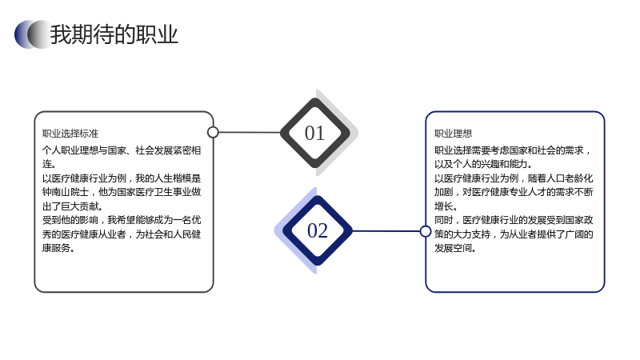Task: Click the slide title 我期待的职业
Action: pos(114,34)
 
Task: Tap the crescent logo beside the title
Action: pos(33,34)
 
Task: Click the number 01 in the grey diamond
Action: pos(314,133)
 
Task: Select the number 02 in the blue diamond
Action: pos(318,230)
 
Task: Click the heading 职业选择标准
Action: pos(70,134)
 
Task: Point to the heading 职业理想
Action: pos(453,134)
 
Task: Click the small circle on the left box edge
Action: pos(213,132)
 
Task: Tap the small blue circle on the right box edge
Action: pos(426,231)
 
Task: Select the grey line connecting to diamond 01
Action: pos(250,132)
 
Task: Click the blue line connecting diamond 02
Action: pos(386,231)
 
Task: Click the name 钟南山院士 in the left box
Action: pos(66,192)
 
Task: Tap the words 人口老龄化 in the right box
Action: pos(570,178)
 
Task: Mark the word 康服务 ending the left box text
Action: pos(56,248)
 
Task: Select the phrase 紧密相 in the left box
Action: pos(187,150)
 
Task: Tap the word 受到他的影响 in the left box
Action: pos(70,220)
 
